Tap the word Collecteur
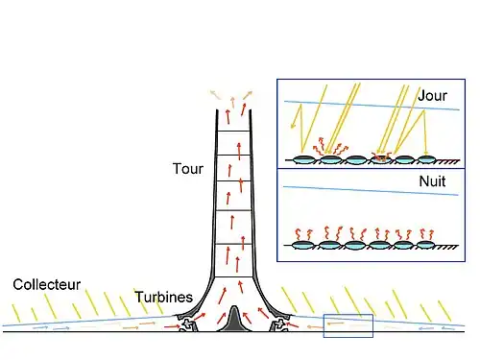[x=46, y=284]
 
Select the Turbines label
[x=165, y=297]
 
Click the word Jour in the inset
[x=433, y=96]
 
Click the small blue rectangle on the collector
[x=348, y=325]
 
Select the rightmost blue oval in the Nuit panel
[x=429, y=245]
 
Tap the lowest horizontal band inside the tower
[x=231, y=278]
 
